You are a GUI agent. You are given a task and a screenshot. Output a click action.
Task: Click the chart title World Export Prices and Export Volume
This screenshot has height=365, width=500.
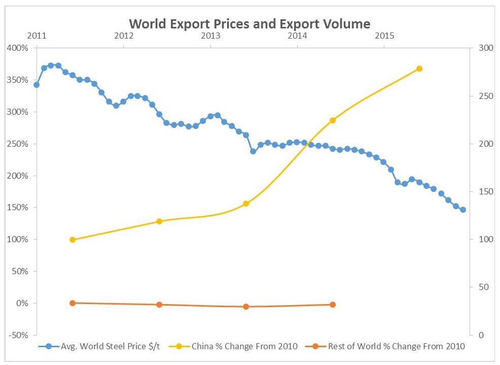(x=249, y=24)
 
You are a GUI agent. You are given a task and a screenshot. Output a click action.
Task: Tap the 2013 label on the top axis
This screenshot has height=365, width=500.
(x=210, y=36)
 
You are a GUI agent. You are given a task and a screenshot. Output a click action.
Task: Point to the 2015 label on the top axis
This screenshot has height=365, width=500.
(x=384, y=36)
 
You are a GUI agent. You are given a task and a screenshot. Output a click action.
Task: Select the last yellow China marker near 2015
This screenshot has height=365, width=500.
(x=419, y=69)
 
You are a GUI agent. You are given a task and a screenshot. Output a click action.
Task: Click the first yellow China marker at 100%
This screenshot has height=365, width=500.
(x=73, y=240)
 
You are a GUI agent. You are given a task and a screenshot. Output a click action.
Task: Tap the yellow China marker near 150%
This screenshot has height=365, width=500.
(x=246, y=204)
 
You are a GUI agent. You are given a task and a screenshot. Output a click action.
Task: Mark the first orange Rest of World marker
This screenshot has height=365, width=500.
(x=73, y=303)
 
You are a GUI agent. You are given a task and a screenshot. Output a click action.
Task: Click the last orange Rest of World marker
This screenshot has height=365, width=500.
(x=333, y=305)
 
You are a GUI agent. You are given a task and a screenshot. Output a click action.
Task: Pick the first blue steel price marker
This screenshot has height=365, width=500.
(x=37, y=85)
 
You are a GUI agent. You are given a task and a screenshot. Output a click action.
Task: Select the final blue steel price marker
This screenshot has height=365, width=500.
(x=463, y=210)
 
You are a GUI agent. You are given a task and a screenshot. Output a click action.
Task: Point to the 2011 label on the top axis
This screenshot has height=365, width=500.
(x=37, y=36)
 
